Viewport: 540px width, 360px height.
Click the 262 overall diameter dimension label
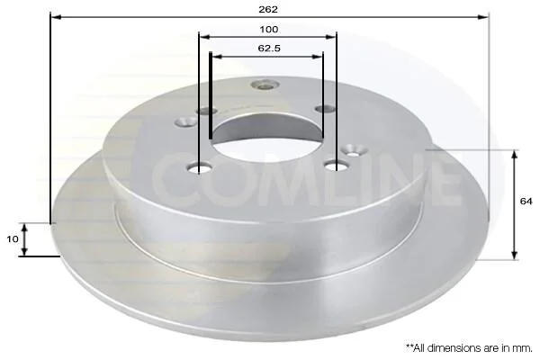pos(268,10)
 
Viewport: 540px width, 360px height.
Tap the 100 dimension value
pos(268,30)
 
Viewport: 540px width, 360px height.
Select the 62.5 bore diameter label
pos(269,49)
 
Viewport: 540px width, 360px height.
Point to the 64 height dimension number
pos(526,202)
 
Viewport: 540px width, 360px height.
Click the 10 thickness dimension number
pos(13,238)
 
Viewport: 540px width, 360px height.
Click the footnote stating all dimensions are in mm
pos(469,348)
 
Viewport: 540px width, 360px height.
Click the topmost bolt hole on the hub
pos(265,84)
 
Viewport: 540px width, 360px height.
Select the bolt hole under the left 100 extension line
pos(199,168)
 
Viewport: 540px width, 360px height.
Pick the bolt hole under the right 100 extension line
pos(336,166)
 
